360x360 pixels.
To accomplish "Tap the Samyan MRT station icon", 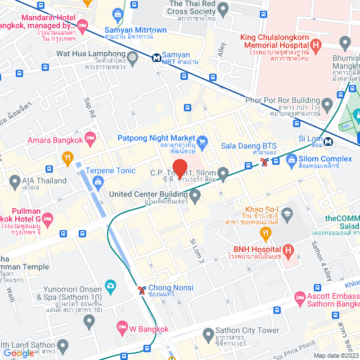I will point(156,57).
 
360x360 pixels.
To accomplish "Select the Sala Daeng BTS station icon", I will point(264,163).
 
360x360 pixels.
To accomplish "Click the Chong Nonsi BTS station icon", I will point(141,290).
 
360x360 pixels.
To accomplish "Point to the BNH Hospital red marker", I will point(288,249).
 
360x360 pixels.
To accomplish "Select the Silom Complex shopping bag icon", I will point(291,161).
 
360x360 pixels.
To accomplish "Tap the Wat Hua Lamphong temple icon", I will point(132,57).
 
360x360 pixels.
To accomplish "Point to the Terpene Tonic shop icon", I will point(98,181).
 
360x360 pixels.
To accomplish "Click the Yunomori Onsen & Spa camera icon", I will point(110,286).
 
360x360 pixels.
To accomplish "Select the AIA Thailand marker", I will point(15,181).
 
